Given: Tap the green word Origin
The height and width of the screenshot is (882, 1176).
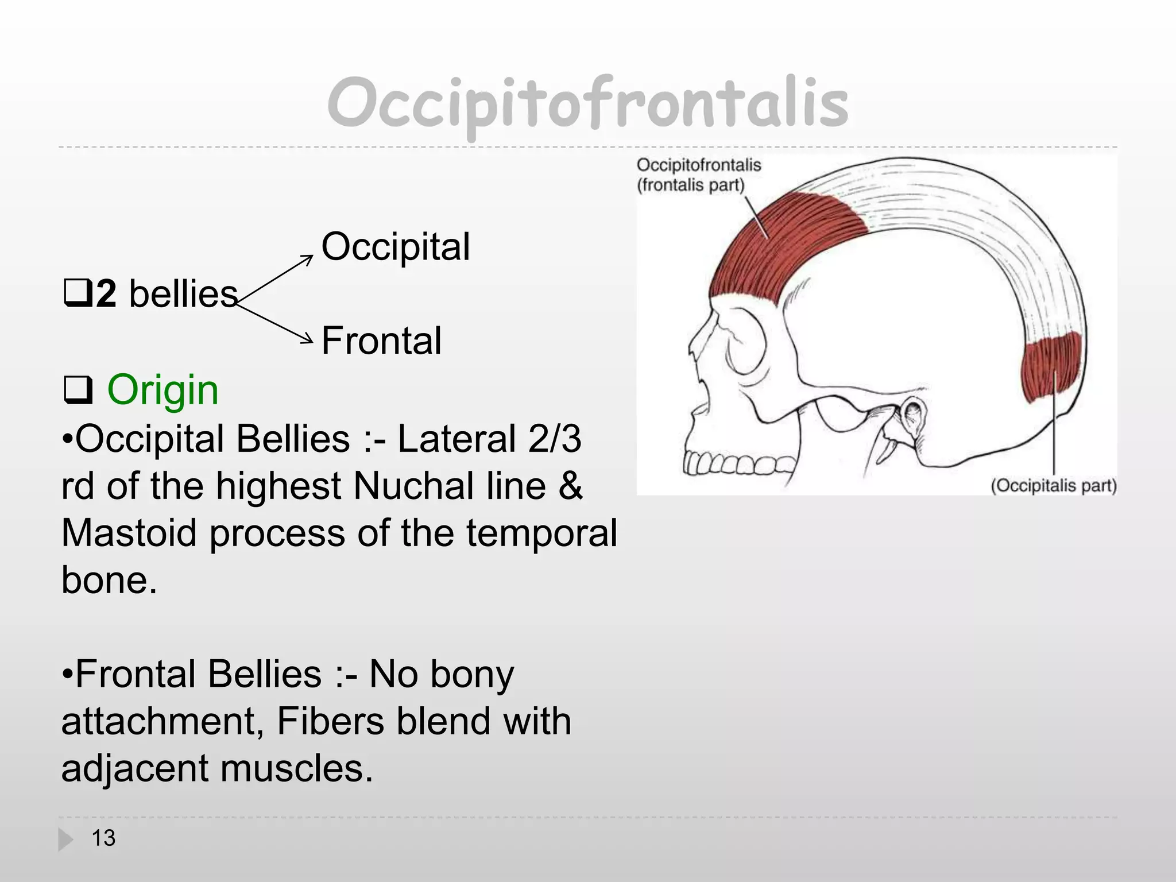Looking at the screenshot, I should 163,390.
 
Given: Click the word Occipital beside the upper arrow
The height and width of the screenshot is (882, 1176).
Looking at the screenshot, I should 396,247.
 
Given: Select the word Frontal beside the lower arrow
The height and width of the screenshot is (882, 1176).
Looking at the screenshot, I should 381,341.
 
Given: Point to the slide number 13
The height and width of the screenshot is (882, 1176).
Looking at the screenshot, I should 104,838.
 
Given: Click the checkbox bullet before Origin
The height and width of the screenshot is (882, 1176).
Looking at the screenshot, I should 78,391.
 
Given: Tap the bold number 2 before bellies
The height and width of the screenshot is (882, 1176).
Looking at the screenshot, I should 106,294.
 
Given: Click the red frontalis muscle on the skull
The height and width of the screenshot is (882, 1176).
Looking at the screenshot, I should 787,241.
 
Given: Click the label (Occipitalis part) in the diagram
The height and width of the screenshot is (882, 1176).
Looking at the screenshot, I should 1054,486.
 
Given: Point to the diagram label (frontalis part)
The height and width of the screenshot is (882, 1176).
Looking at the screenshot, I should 691,185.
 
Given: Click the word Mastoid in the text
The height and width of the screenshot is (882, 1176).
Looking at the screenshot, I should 130,533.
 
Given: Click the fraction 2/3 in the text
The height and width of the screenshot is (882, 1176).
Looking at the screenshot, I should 555,439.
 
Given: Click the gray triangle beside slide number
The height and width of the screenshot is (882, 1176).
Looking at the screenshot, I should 66,840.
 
